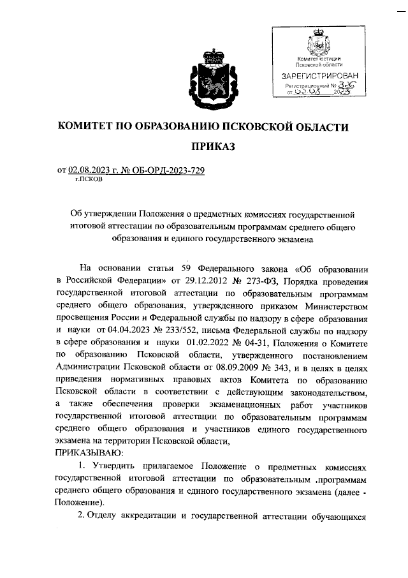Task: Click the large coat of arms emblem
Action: (x=203, y=82)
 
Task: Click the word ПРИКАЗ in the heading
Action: (x=203, y=147)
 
